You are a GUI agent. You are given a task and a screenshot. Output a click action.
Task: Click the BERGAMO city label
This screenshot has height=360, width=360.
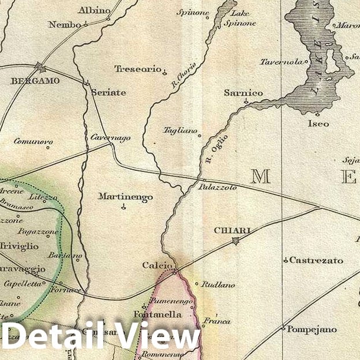point(35,81)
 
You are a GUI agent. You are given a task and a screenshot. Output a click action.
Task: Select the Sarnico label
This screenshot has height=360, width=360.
point(243,93)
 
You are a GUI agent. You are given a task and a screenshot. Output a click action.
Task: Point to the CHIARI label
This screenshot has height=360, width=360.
point(232,231)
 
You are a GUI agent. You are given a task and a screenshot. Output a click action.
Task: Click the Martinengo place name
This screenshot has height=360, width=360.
point(125,197)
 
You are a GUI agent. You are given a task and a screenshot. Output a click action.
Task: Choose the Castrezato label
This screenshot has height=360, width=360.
point(316,260)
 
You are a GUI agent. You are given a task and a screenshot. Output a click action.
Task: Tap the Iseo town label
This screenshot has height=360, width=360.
point(318,123)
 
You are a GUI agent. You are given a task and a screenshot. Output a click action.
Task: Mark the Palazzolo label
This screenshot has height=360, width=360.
point(217,187)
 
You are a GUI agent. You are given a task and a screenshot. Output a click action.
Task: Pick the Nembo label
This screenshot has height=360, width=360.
point(65,24)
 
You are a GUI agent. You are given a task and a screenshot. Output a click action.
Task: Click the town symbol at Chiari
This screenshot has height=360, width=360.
point(235,241)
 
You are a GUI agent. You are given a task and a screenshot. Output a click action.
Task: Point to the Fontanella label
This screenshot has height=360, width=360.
point(156,314)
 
